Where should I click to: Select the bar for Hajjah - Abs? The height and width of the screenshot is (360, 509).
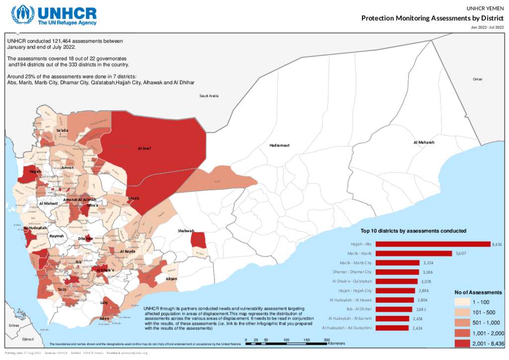(x=432, y=244)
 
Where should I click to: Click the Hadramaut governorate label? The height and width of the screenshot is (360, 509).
(x=279, y=145)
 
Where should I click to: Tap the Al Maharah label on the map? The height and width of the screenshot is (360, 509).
(x=424, y=142)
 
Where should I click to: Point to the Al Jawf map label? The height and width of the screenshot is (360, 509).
(x=145, y=148)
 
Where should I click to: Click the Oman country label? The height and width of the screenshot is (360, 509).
(x=477, y=79)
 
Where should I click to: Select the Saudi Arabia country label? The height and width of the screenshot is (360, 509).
(x=209, y=95)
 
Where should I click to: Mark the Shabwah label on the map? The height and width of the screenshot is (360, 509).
(x=186, y=231)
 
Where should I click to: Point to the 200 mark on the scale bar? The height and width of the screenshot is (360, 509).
(x=327, y=340)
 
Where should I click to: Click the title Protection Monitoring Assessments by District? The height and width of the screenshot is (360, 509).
(x=432, y=18)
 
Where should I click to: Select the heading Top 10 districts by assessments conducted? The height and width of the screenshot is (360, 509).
(x=413, y=231)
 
